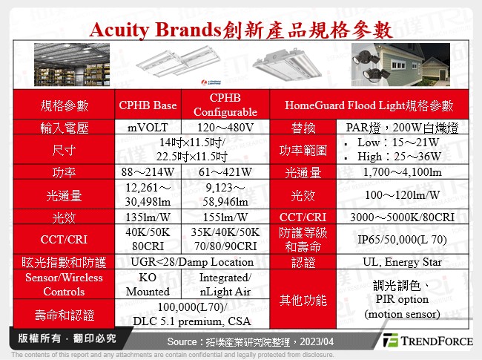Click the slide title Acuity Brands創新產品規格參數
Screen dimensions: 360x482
tap(240, 30)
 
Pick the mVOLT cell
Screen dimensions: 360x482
tap(148, 128)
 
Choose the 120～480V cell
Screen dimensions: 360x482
tap(225, 128)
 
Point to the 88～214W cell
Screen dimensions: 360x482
tap(148, 172)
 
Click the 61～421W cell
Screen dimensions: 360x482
tap(225, 172)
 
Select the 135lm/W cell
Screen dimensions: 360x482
tap(148, 217)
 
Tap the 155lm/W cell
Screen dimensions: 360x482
tap(225, 217)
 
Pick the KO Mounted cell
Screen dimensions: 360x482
tap(148, 284)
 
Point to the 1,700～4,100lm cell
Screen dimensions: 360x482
tap(401, 172)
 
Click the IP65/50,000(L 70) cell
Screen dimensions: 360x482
tap(401, 240)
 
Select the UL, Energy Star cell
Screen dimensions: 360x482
tap(401, 261)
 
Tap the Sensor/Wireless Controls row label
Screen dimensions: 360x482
tap(64, 284)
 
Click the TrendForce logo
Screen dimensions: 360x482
tap(427, 341)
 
